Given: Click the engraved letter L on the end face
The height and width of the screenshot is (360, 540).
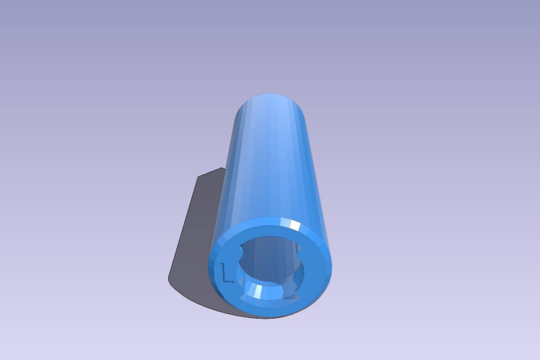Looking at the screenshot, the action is (x=227, y=273).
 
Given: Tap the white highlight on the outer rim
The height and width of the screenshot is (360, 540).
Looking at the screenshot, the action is (x=295, y=225).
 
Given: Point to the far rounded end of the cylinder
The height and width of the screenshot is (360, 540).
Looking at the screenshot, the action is (x=270, y=101).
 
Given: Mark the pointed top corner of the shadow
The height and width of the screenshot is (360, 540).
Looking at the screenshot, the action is (x=222, y=167).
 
